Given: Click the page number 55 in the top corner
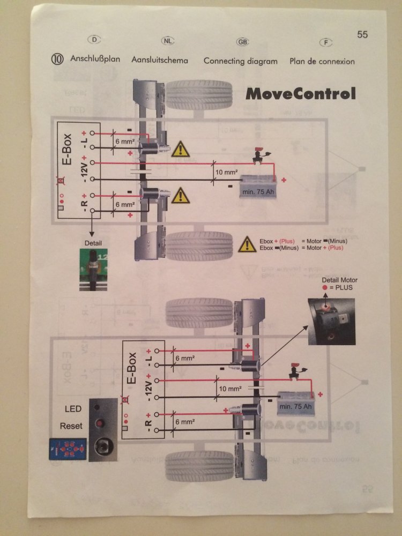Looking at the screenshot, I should point(362,35).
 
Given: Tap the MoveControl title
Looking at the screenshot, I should point(300,94).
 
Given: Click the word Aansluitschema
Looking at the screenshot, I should point(160,60).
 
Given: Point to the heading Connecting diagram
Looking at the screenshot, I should point(240,61).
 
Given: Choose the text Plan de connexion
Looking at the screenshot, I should point(322,61).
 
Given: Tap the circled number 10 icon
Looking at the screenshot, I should point(58,59).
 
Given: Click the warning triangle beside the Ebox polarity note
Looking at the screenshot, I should point(247,245).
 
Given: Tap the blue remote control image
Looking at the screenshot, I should point(66,448).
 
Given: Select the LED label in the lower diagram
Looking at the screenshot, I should point(73,409).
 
